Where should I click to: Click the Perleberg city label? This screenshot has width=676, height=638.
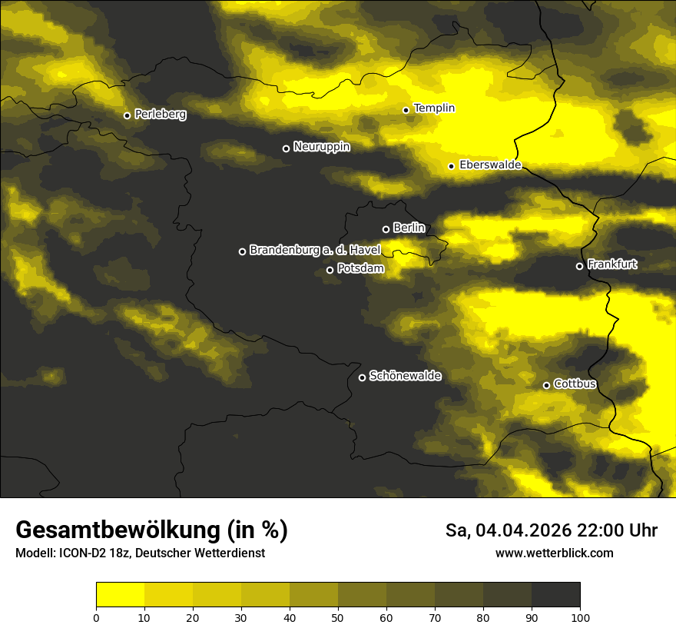(x=160, y=115)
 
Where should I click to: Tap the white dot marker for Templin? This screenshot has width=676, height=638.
(x=406, y=110)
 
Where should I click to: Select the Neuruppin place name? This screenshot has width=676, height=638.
(x=321, y=147)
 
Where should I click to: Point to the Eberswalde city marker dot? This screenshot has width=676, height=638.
(x=452, y=166)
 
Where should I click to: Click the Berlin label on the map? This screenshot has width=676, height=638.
(x=409, y=228)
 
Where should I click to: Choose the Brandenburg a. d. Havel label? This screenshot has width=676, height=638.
(x=315, y=250)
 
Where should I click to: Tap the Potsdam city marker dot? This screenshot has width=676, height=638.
(x=330, y=270)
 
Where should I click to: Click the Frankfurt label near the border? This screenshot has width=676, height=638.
(x=612, y=264)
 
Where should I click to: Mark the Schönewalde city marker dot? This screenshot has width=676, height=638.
(x=363, y=377)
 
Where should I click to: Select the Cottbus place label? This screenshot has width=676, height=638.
(x=575, y=384)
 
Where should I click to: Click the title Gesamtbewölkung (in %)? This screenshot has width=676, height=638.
(x=151, y=530)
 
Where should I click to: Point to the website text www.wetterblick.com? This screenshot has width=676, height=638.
(x=555, y=553)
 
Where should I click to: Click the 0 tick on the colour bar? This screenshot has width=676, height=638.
(x=96, y=616)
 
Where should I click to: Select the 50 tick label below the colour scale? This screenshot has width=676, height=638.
(x=338, y=616)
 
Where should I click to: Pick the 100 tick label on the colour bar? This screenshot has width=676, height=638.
(x=580, y=616)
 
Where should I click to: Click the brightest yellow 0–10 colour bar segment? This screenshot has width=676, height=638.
(x=120, y=595)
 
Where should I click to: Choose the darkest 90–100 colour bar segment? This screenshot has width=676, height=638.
(x=555, y=595)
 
